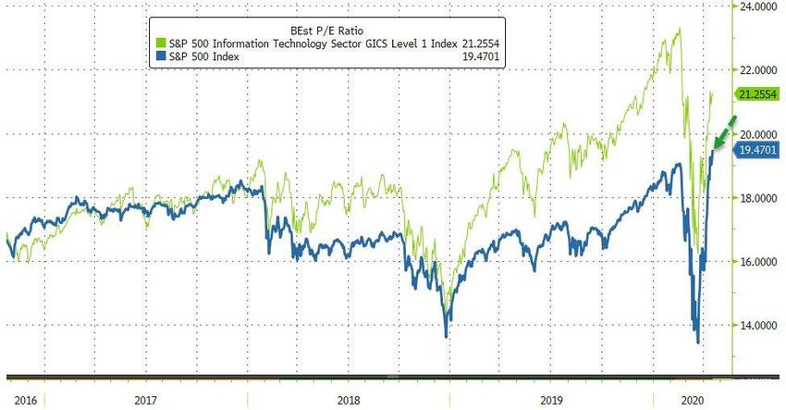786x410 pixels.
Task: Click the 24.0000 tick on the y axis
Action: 755,6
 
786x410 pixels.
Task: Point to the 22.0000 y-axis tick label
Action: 755,70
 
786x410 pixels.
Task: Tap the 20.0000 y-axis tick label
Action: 755,134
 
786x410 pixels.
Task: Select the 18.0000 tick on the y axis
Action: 755,198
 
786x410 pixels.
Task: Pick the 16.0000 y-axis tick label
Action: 755,262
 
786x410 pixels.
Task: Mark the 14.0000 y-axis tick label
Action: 755,326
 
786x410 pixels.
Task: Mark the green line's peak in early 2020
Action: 680,29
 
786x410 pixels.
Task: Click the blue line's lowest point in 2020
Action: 697,342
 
